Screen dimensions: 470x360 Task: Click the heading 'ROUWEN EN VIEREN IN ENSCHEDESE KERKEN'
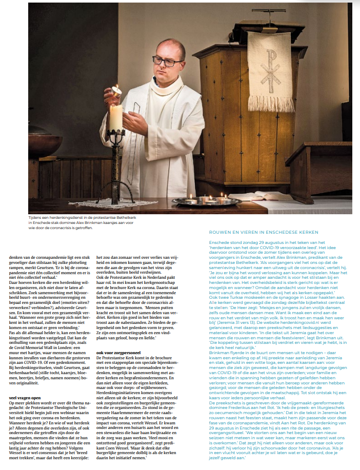264,233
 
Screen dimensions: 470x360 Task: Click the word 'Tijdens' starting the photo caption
36,218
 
